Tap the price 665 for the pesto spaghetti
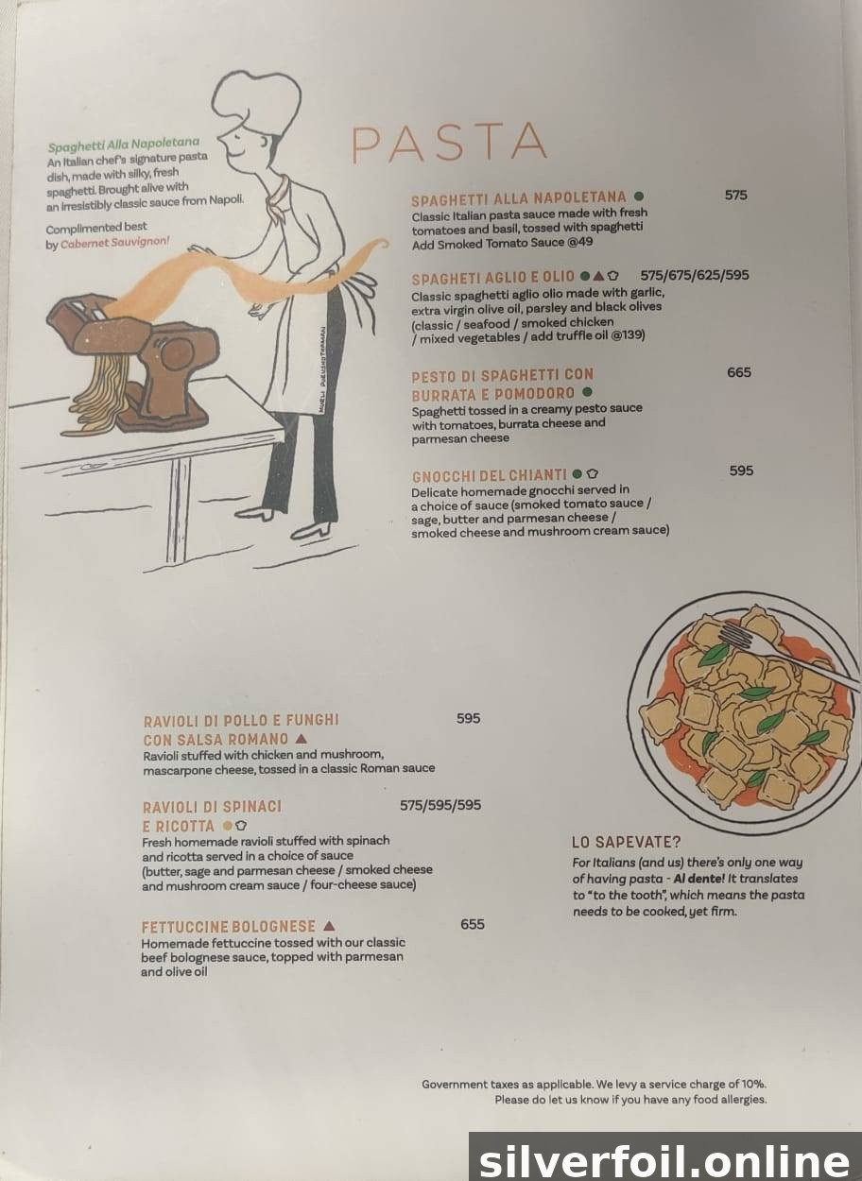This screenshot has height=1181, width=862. coord(738,372)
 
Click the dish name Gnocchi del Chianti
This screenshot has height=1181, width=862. coord(489,475)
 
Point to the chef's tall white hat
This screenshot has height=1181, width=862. coord(257,103)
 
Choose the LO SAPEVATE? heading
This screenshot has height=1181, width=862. coord(627,842)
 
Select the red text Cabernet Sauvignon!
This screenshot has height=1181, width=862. coord(115,243)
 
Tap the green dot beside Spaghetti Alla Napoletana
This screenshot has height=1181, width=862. coord(639,197)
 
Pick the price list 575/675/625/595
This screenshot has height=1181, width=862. coord(695,275)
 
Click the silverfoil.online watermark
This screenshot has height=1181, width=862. coord(664,1160)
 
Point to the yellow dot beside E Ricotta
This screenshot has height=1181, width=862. coord(228,826)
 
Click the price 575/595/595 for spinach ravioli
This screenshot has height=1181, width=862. coord(440,805)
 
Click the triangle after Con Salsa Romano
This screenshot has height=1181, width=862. coord(302,738)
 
